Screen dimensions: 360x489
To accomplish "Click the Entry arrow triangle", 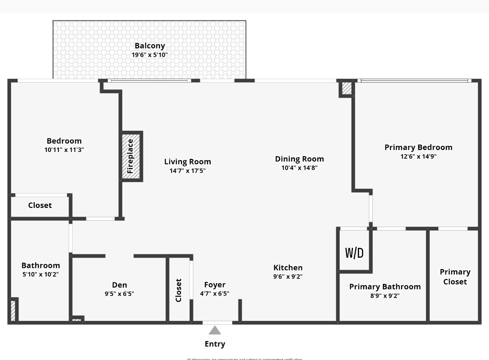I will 215,330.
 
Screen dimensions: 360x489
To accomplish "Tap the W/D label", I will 354,253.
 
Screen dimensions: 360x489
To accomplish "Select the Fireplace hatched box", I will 131,157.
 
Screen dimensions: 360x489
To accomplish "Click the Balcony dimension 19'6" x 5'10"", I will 150,55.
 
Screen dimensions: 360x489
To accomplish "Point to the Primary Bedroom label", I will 418,147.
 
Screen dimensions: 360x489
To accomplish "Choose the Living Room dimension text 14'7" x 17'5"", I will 188,171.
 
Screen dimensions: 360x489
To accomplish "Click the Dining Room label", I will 299,159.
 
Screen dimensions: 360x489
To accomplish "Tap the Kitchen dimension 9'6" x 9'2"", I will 288,277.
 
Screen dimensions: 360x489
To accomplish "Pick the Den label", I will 119,285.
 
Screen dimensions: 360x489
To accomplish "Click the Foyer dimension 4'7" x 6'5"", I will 215,293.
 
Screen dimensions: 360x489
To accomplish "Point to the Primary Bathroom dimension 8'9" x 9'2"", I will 385,296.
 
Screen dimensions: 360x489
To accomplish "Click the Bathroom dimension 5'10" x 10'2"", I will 41,274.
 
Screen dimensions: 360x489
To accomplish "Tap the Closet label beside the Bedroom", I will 40,205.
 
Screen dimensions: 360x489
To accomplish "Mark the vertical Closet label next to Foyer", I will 179,290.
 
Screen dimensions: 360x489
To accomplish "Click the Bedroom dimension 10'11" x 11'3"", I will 64,150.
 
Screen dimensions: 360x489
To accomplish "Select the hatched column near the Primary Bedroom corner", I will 346,89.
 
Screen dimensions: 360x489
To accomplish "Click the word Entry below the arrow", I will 215,344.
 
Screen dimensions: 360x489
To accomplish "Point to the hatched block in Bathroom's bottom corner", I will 13,311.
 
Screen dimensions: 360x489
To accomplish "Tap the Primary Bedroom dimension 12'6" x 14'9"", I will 418,157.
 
